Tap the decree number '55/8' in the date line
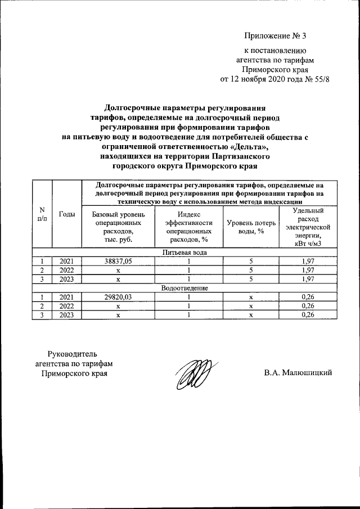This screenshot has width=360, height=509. point(318,79)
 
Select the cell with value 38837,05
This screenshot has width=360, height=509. point(118,261)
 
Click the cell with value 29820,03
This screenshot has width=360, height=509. point(118,297)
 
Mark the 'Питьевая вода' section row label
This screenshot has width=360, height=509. point(184,253)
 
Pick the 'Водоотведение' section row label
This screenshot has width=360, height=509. point(184,288)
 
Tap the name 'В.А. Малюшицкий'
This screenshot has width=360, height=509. point(298,372)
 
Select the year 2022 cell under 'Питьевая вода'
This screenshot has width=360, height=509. point(67,270)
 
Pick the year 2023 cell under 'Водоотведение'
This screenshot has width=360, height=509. point(67,315)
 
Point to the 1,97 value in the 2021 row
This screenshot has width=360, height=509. point(307,261)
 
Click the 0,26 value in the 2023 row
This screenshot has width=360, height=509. point(307,315)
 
